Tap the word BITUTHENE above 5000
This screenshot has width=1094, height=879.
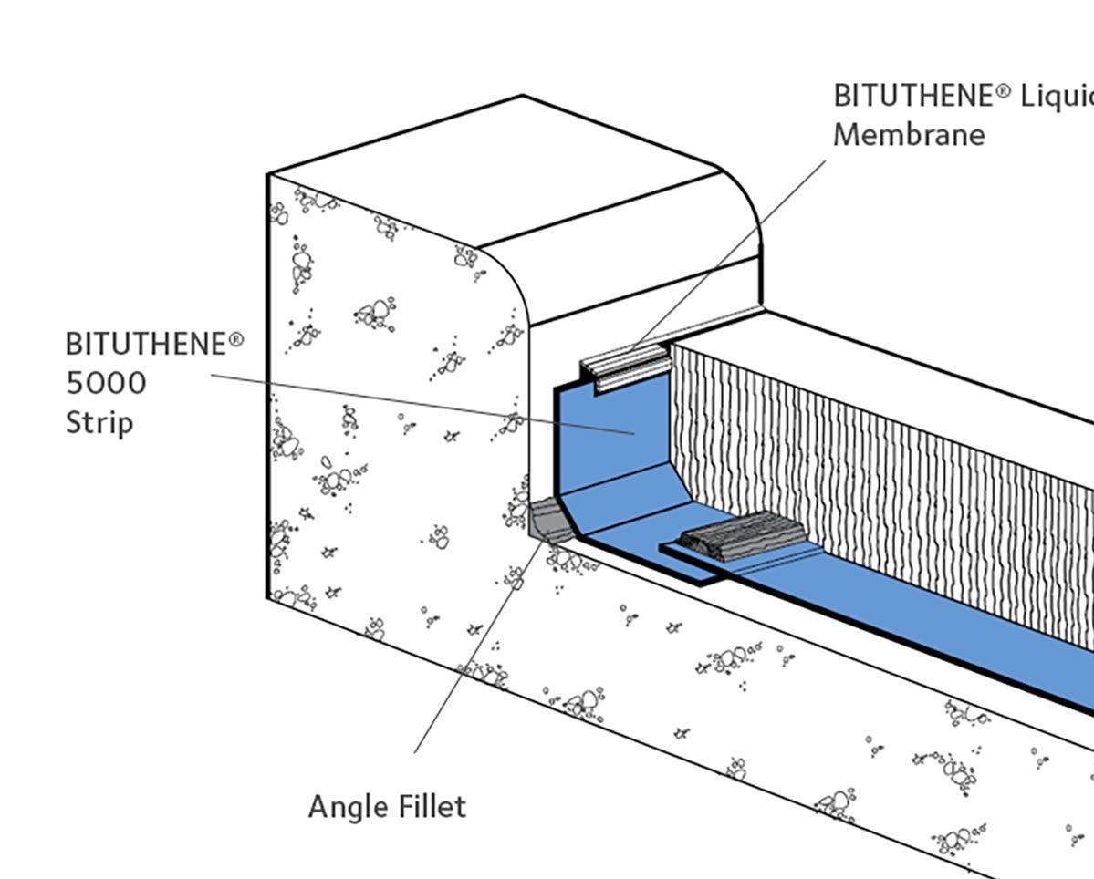(x=146, y=345)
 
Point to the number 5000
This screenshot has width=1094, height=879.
(x=106, y=383)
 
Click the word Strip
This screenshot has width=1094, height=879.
(x=99, y=423)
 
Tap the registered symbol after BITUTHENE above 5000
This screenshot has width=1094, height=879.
(x=236, y=339)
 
